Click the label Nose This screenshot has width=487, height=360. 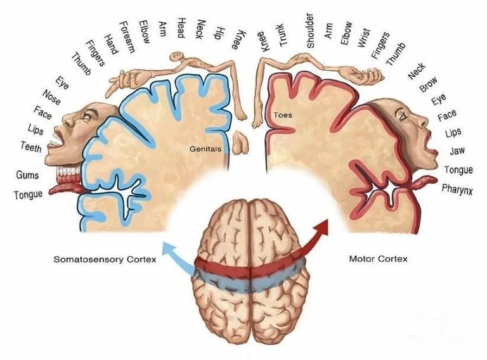tap(51, 97)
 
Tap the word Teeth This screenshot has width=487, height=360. tap(31, 147)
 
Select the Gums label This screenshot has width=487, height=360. tap(27, 175)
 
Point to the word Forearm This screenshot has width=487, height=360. tap(127, 37)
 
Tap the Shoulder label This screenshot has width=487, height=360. tap(310, 30)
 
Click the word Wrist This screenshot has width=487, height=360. tap(364, 38)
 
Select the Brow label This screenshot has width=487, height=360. tap(428, 84)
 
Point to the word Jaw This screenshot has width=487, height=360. tap(457, 151)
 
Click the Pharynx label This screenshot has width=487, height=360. tap(457, 190)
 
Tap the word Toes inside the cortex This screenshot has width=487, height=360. tap(283, 115)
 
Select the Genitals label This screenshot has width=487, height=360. tap(205, 149)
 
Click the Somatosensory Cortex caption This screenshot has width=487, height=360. tap(105, 259)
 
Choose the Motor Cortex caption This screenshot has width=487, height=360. tap(378, 259)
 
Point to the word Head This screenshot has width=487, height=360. tap(181, 28)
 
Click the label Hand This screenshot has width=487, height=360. tap(111, 44)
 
